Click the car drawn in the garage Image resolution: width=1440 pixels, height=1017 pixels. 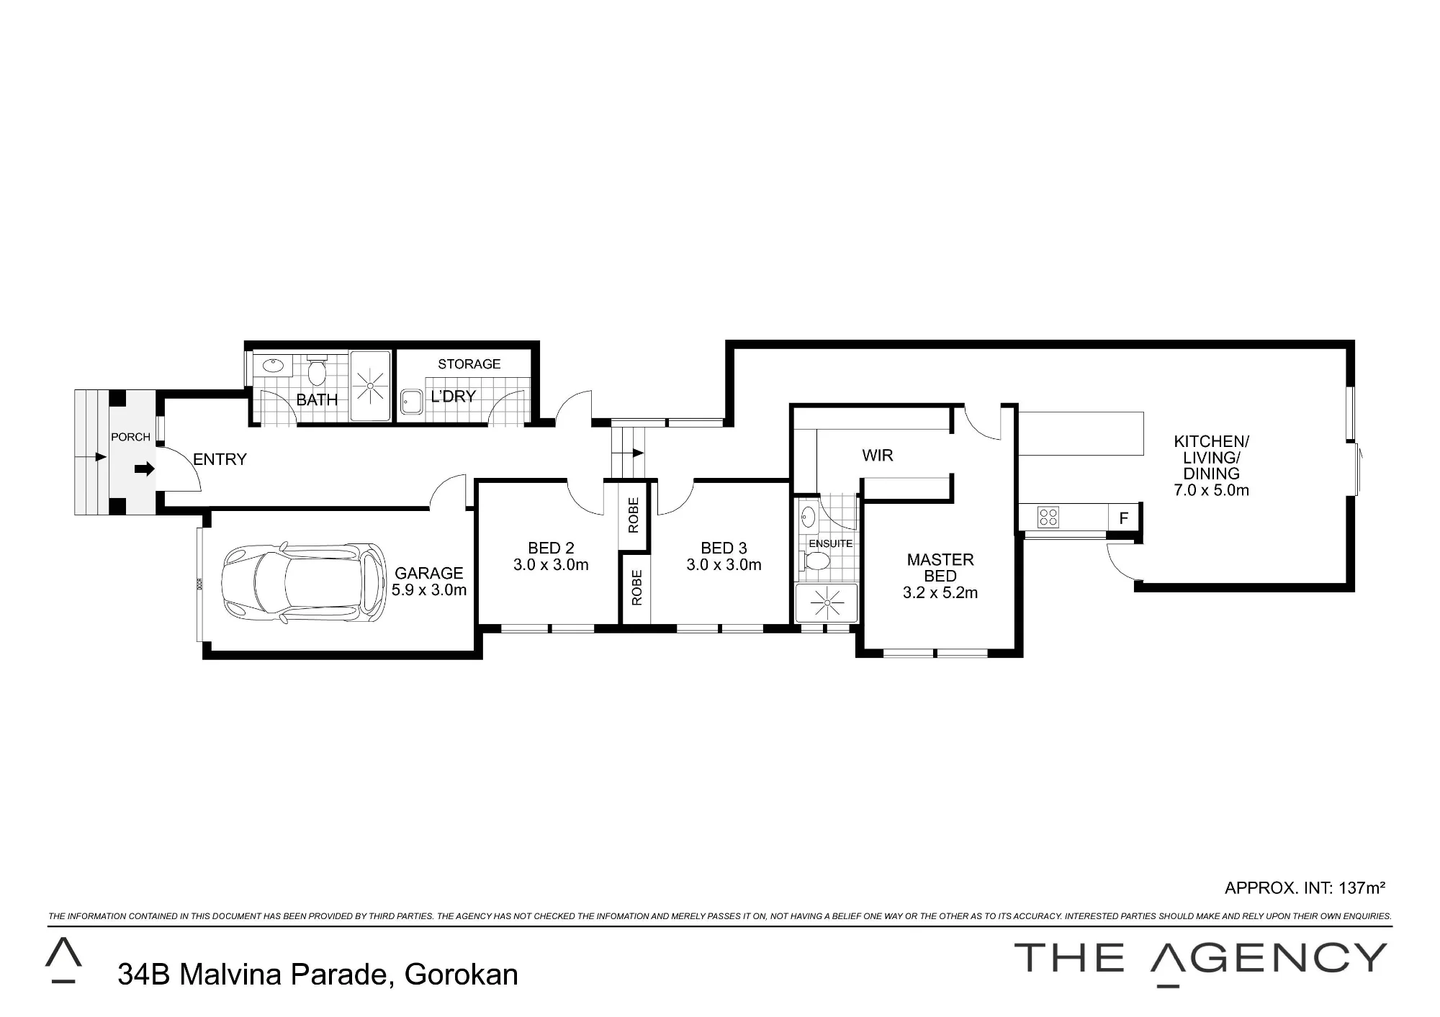point(303,583)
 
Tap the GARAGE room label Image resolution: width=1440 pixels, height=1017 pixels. point(429,574)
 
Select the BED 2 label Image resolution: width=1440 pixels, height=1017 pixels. point(551,548)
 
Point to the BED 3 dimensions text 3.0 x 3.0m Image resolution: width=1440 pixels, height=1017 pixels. point(724,565)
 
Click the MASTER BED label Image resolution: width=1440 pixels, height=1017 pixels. point(940,568)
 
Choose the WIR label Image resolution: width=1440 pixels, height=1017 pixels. point(878,455)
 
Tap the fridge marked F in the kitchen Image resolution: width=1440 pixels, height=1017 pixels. point(1123,517)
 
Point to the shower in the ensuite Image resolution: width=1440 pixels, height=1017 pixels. point(827,602)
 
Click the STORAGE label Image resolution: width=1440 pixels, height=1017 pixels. point(469,364)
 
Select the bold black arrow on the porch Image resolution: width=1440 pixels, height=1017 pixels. point(145,469)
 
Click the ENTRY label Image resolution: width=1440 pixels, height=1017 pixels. point(220,459)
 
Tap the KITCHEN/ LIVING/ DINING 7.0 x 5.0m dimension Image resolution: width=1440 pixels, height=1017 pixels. point(1212,491)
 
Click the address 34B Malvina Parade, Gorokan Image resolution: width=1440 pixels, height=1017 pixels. point(318,975)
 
